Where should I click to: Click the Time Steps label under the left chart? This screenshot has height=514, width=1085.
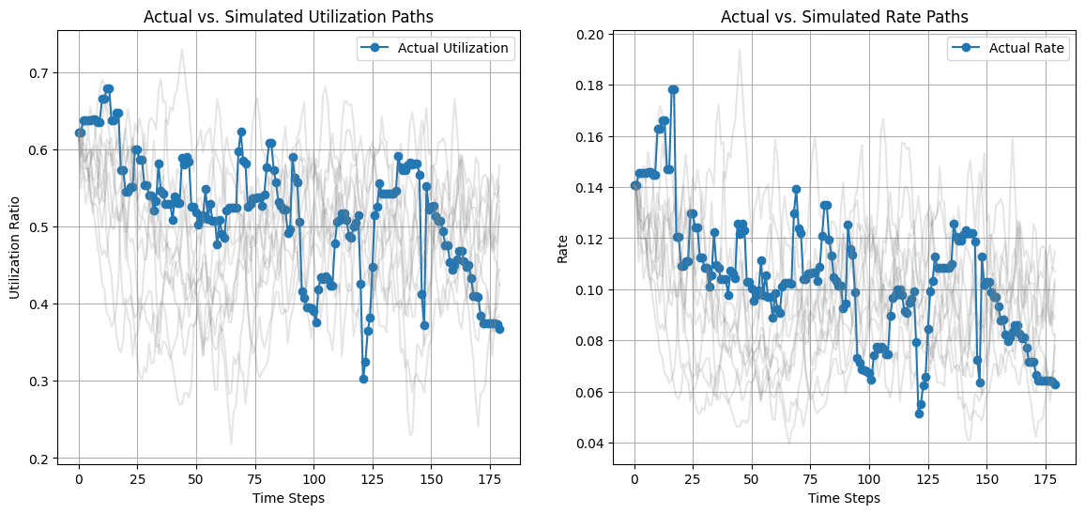[x=289, y=498]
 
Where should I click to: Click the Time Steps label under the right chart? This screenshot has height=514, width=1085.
[x=844, y=498]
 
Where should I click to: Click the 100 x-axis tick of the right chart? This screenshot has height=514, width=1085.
[x=869, y=478]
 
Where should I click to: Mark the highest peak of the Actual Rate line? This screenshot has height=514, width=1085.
[x=673, y=89]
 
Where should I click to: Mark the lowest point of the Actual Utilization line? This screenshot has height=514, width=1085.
[x=363, y=379]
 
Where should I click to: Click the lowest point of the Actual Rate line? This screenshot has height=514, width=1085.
[x=919, y=413]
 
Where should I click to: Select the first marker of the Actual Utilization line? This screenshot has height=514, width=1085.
[x=80, y=132]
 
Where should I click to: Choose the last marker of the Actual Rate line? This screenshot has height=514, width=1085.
[x=1055, y=384]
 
